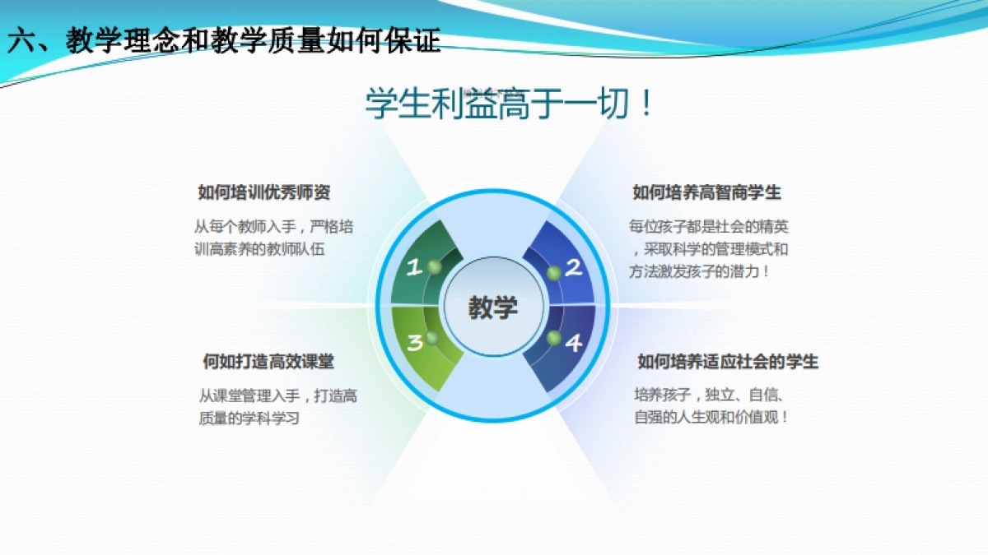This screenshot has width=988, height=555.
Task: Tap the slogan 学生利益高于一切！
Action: (x=510, y=104)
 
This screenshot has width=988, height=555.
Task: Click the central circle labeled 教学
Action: (x=493, y=308)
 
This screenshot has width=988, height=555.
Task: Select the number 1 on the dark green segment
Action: (x=414, y=266)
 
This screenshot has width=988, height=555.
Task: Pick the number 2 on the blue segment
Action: (x=573, y=266)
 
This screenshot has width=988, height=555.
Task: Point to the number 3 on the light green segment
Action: (x=414, y=342)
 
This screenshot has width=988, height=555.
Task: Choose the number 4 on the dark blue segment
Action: (x=573, y=342)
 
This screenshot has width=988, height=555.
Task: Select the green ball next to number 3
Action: (x=431, y=338)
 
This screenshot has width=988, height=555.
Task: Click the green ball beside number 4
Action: (x=552, y=337)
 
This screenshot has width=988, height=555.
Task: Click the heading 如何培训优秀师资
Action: (x=263, y=192)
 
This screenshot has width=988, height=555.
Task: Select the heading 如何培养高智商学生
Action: (x=706, y=192)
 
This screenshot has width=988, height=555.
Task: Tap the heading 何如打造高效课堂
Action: (x=268, y=362)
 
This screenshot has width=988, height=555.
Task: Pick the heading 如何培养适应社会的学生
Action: (x=728, y=362)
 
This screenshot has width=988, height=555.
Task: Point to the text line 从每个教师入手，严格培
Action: (x=273, y=227)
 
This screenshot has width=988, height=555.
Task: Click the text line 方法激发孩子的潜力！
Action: (x=700, y=271)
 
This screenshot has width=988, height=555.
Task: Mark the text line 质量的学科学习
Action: (x=249, y=418)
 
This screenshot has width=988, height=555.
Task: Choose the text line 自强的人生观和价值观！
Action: (x=711, y=417)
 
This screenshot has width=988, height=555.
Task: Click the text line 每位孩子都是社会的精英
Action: (x=708, y=227)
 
